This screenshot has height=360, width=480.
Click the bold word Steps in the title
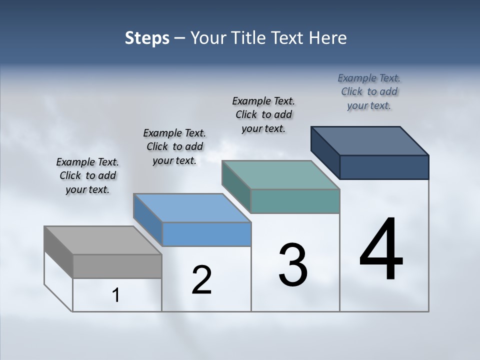click(147, 38)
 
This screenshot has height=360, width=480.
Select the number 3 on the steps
click(293, 265)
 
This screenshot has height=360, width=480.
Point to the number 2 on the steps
click(202, 280)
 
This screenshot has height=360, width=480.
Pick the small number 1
click(116, 295)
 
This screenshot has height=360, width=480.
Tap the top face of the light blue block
click(192, 208)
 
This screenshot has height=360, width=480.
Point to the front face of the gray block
click(117, 266)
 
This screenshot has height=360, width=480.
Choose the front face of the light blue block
click(206, 234)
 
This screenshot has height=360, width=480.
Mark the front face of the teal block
click(295, 201)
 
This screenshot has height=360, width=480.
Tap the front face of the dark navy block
click(384, 167)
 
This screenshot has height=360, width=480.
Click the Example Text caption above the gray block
click(87, 175)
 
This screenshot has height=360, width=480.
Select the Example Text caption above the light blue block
click(174, 146)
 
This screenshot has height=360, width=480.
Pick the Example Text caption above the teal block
click(263, 114)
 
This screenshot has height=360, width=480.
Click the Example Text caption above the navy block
click(369, 91)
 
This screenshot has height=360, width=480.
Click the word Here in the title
click(328, 38)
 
